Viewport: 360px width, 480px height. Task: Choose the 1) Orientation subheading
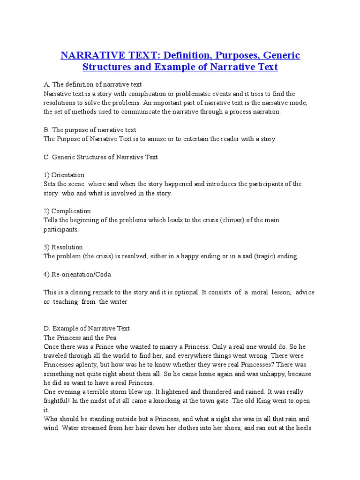[x=64, y=175]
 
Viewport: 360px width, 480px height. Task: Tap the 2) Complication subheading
[x=67, y=211]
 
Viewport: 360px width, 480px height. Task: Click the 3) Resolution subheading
[x=63, y=247]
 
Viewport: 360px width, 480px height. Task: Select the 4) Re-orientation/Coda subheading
[x=77, y=274]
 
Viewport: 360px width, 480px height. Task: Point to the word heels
[x=303, y=428]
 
